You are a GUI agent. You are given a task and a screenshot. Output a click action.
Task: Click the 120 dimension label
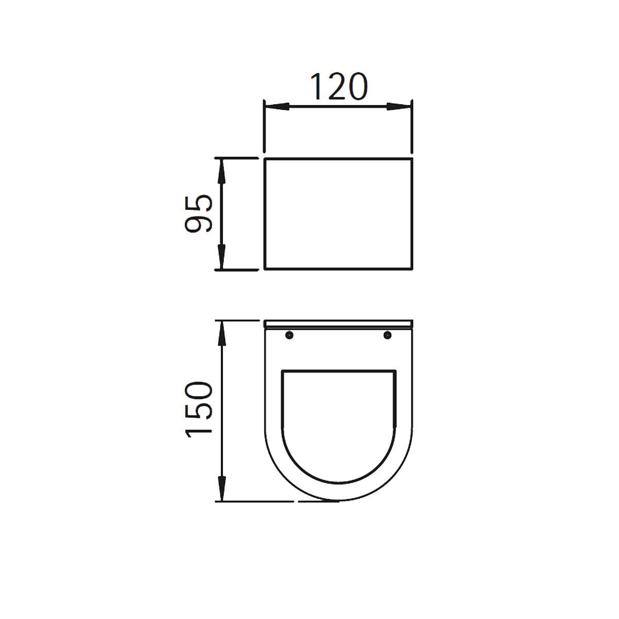coord(339,87)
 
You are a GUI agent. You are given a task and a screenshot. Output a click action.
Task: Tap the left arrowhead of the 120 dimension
coord(276,107)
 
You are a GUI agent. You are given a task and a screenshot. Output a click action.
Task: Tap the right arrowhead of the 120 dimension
coord(399,107)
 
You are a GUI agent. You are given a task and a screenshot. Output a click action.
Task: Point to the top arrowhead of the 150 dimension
coord(222,333)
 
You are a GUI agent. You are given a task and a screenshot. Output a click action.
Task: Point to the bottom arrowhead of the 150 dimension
coord(222,488)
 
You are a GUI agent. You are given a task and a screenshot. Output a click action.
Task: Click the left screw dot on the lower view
coord(289,335)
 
